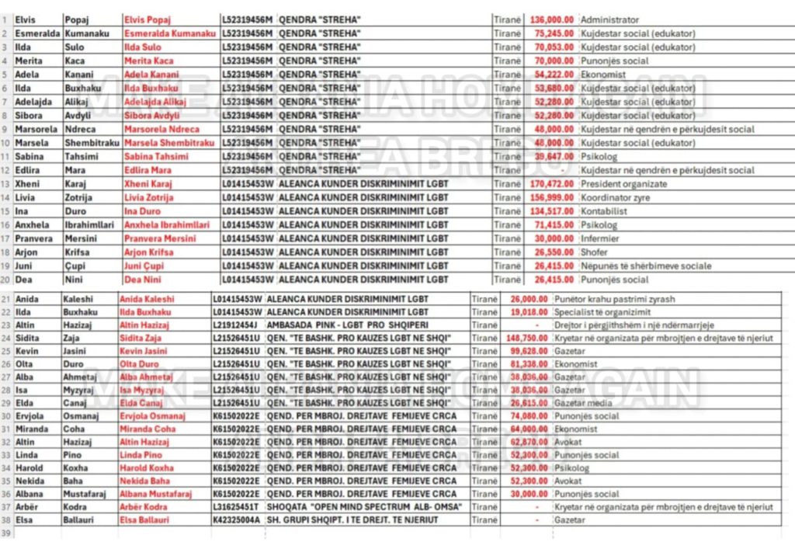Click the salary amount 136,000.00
(552, 20)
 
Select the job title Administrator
(610, 20)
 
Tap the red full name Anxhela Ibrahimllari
(167, 225)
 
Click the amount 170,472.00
(552, 184)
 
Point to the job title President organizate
(623, 184)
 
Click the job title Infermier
(600, 238)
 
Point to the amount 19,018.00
(529, 312)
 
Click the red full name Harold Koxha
(147, 468)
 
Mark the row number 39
(7, 533)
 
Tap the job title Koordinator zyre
(615, 198)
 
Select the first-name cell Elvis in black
(25, 20)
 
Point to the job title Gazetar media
(583, 403)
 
